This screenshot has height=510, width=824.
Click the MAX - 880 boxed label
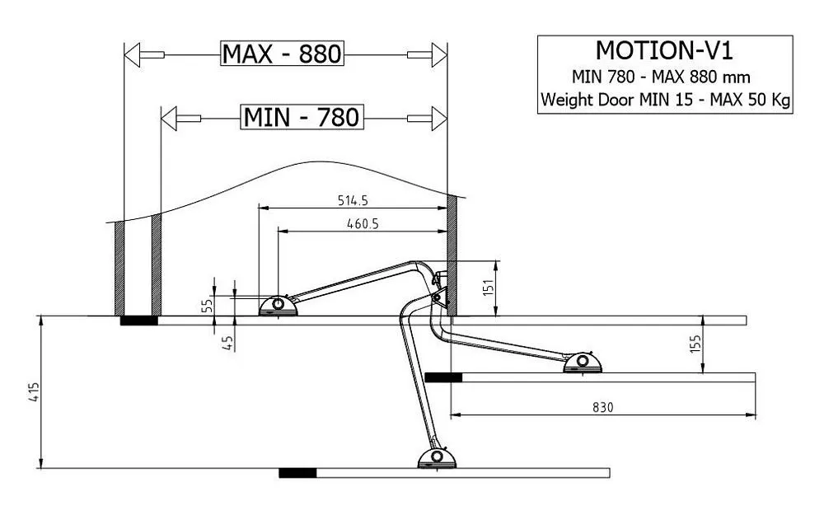282,54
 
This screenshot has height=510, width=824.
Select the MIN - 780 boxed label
302,117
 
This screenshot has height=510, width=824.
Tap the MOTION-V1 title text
664,51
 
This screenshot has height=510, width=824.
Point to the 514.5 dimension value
353,200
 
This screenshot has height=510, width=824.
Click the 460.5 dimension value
363,224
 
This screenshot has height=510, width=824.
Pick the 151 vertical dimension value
489,288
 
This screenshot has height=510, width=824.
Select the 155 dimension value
695,344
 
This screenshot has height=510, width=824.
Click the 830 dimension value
603,407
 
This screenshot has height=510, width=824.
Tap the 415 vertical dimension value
34,392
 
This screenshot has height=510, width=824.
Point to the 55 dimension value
207,305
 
